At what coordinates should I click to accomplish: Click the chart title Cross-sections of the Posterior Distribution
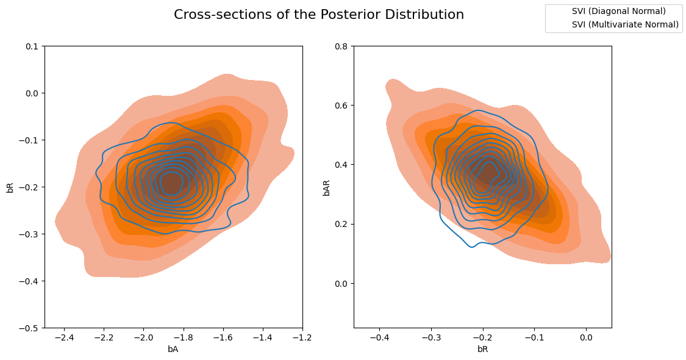[319, 15]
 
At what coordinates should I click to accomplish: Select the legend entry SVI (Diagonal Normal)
[618, 11]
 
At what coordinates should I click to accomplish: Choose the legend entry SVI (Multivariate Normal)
[625, 24]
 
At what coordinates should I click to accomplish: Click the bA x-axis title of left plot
[173, 350]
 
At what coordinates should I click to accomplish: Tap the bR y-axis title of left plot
[10, 187]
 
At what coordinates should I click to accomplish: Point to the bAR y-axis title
[326, 187]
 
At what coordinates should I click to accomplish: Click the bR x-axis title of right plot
[482, 350]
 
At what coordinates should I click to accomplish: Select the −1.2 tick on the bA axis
[302, 337]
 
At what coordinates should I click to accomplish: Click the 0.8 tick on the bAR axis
[341, 46]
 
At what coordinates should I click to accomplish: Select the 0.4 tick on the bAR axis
[341, 165]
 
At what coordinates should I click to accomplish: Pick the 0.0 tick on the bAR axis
[341, 284]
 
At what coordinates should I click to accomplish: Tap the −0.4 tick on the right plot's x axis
[379, 337]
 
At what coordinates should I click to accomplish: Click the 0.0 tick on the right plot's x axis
[586, 337]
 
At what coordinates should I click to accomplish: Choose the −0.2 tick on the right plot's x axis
[482, 337]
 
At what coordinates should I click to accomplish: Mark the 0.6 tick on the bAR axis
[341, 106]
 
